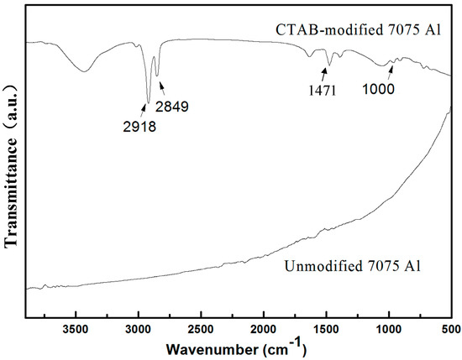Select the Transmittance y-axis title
click(x=13, y=165)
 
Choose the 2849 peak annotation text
click(x=171, y=107)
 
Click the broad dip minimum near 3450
click(x=83, y=71)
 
